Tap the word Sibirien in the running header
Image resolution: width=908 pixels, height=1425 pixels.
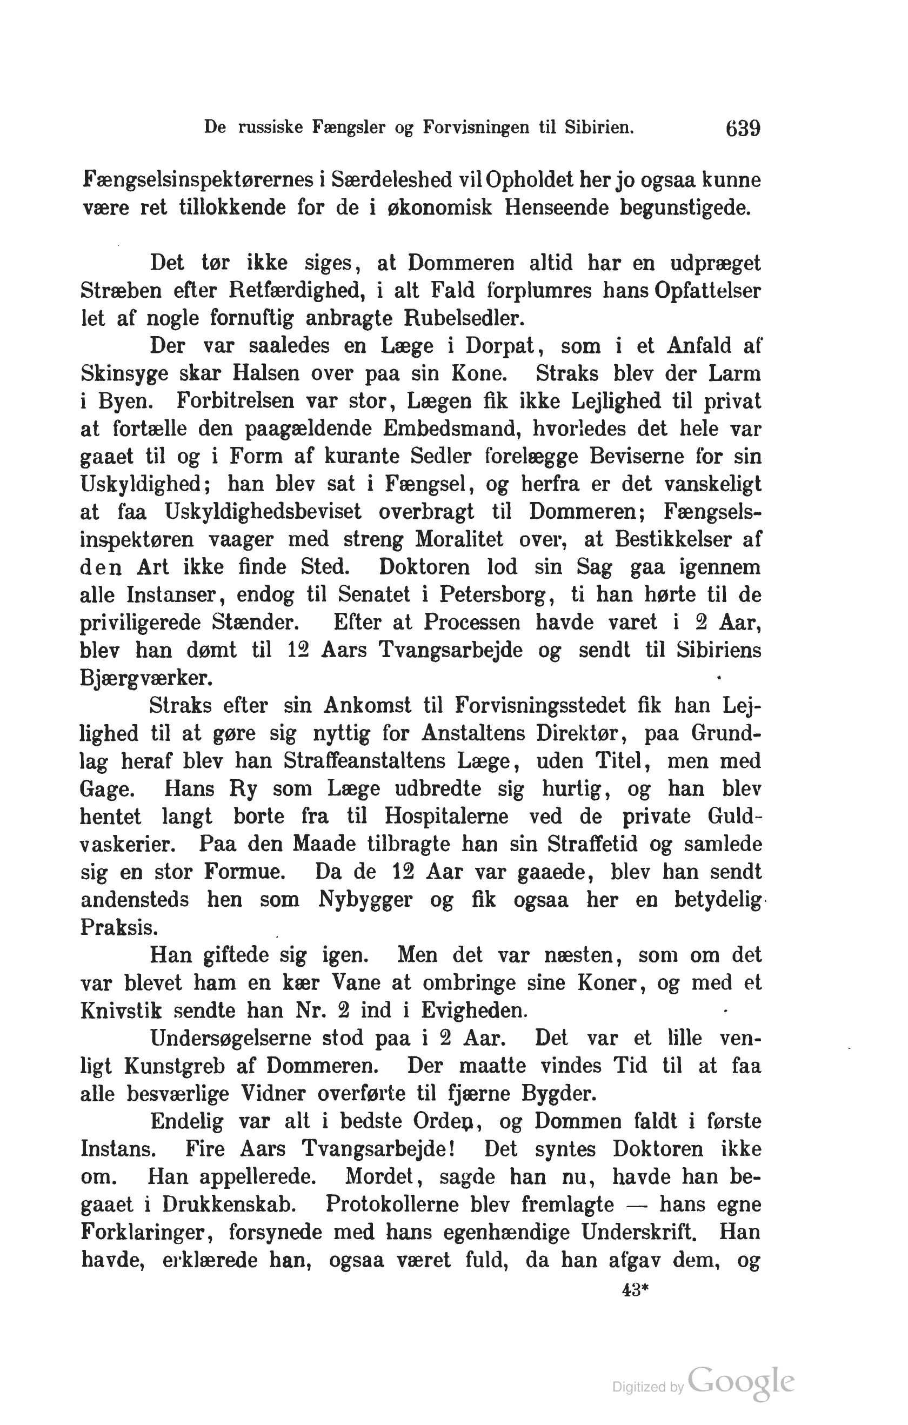point(598,127)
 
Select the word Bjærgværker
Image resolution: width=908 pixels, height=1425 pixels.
point(146,678)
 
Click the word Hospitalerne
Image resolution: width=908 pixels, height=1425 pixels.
point(446,817)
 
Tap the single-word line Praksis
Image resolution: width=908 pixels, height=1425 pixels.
point(119,927)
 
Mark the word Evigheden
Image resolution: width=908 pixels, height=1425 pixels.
point(473,1010)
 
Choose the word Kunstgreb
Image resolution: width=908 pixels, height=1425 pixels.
point(175,1066)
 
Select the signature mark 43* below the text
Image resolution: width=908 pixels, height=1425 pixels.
point(636,1290)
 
